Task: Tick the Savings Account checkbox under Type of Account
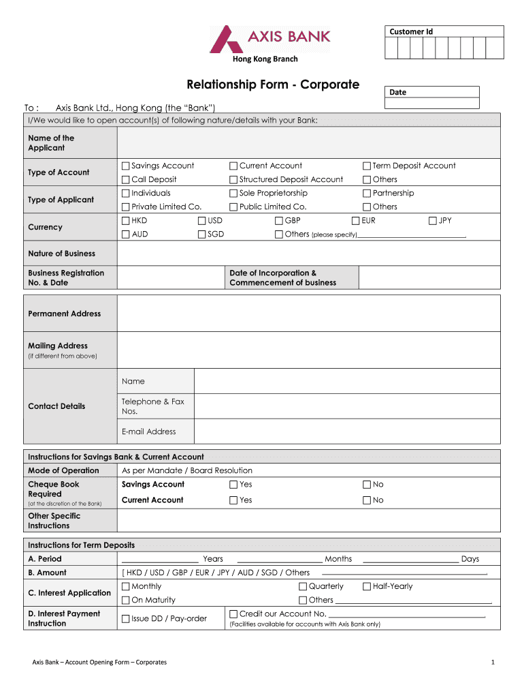pyautogui.click(x=125, y=166)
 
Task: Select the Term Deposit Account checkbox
pyautogui.click(x=367, y=166)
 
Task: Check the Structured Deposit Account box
pyautogui.click(x=233, y=179)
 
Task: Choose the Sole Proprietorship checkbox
pyautogui.click(x=233, y=193)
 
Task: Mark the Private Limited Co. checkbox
pyautogui.click(x=125, y=207)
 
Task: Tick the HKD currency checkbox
pyautogui.click(x=125, y=220)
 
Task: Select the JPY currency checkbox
pyautogui.click(x=433, y=220)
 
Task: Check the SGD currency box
pyautogui.click(x=202, y=234)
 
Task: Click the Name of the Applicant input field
pyautogui.click(x=308, y=143)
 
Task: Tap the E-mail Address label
pyautogui.click(x=148, y=431)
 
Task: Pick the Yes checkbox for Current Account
pyautogui.click(x=233, y=500)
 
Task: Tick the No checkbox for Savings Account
pyautogui.click(x=367, y=485)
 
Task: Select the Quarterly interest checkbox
pyautogui.click(x=303, y=587)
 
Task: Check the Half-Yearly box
pyautogui.click(x=367, y=587)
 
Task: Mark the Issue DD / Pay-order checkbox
pyautogui.click(x=125, y=619)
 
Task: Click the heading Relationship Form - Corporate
pyautogui.click(x=273, y=85)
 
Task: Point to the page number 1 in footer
pyautogui.click(x=491, y=662)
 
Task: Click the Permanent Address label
pyautogui.click(x=64, y=314)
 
